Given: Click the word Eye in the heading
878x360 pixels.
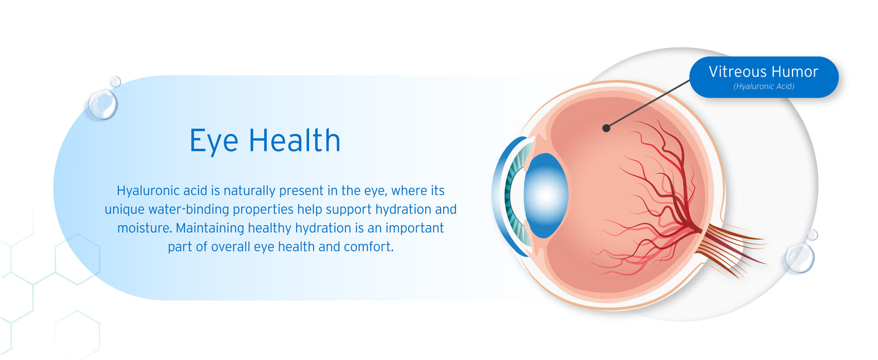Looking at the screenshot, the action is click(x=214, y=141).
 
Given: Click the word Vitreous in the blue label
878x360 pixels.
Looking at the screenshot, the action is click(x=735, y=72).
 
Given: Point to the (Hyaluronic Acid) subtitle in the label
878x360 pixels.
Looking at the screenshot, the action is click(x=763, y=86).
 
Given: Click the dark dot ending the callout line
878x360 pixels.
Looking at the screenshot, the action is click(x=606, y=128).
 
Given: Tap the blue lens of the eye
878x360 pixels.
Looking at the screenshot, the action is click(x=546, y=196).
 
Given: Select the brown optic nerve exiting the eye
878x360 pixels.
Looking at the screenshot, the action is click(x=733, y=247).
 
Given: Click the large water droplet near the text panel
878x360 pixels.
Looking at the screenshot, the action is click(x=102, y=104).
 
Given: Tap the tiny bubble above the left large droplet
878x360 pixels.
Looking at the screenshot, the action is click(x=115, y=81).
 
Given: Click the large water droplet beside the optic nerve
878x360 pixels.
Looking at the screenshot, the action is click(x=800, y=258).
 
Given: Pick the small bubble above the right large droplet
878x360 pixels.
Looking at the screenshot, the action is click(x=812, y=235).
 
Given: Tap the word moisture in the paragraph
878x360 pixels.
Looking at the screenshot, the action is click(x=144, y=228).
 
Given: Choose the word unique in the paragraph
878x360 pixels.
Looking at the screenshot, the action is click(x=124, y=210).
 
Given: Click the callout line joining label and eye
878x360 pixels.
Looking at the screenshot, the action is click(x=648, y=104).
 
